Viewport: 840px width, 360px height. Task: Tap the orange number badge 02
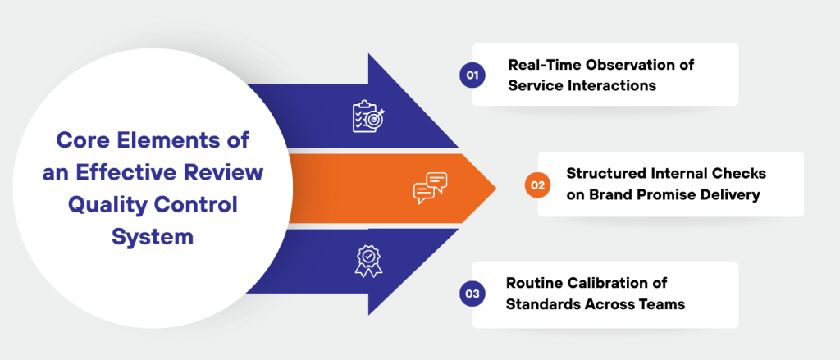click(537, 185)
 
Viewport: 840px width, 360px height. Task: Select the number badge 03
click(472, 294)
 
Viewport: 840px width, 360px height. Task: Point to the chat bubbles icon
click(430, 187)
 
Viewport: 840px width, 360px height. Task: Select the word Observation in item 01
click(628, 65)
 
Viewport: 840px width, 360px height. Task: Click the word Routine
click(534, 284)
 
